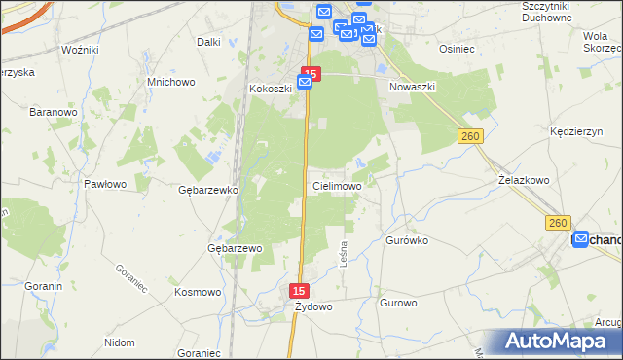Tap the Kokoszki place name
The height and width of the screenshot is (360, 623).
[x=270, y=89]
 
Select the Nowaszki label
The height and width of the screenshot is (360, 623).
[x=412, y=87]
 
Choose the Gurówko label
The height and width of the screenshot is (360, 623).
[x=408, y=239]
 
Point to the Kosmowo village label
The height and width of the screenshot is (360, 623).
[x=198, y=292]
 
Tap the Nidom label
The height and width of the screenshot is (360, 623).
[x=119, y=342]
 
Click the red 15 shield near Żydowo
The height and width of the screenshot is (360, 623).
[x=301, y=291]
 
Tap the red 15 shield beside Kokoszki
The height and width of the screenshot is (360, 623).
[x=311, y=73]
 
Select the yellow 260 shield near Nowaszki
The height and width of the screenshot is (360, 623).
[x=471, y=138]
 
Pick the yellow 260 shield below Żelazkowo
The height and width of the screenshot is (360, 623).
[x=558, y=223]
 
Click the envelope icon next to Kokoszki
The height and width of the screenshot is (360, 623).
[x=305, y=84]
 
